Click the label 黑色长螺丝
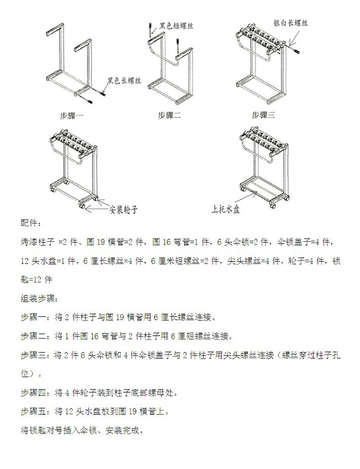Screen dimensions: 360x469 coord(124,81)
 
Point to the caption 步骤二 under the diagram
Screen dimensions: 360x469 coord(168,116)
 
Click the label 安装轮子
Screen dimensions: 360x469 coord(126,209)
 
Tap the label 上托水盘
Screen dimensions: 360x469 coord(226,209)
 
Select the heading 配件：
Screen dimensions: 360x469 coord(31,223)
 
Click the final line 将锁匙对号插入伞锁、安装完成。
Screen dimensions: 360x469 coord(82,429)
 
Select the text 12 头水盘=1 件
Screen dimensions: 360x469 coord(46,260)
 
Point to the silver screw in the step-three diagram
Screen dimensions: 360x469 coord(294,48)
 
